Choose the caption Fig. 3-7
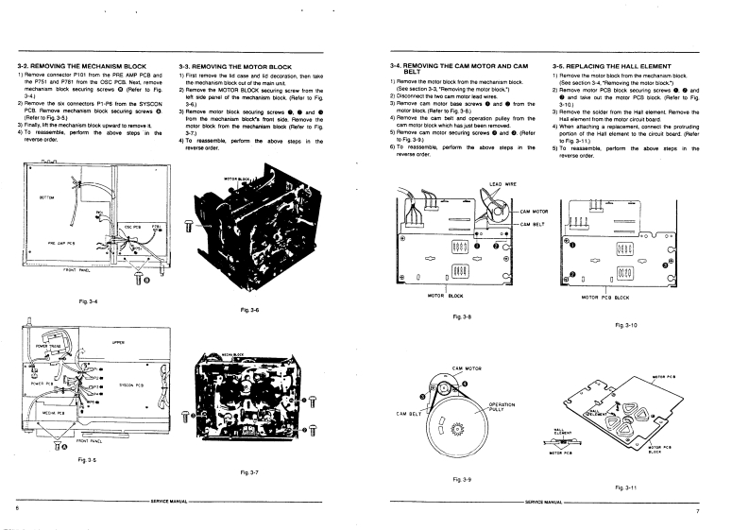coord(250,470)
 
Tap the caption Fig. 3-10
coord(626,324)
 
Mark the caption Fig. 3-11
coord(625,487)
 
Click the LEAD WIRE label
coord(502,182)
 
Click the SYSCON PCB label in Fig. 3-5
coord(131,385)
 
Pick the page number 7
coord(696,510)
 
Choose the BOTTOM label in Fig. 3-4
coord(46,197)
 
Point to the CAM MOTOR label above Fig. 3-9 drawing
coord(468,367)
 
